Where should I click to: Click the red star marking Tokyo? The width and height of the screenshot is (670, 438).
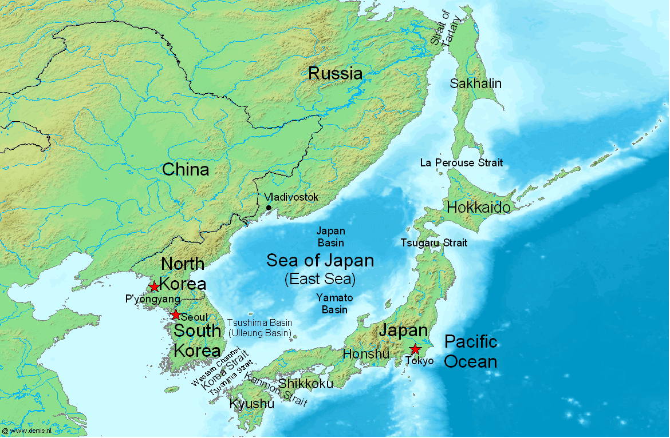point(415,349)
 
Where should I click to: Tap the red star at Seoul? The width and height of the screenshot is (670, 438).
point(175,315)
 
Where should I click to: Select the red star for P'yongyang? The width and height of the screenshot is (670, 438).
point(154,286)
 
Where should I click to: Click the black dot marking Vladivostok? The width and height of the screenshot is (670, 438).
point(268,208)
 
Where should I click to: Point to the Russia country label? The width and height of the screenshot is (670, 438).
point(335,73)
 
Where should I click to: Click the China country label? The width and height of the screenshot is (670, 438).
point(185,169)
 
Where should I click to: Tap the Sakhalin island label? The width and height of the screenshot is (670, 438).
point(475,83)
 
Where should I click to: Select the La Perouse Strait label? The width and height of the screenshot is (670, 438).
point(462,163)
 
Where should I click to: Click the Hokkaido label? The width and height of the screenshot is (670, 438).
point(478,207)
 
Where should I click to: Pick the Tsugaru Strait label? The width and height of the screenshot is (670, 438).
point(433,243)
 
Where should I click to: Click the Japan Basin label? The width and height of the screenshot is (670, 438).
point(331,237)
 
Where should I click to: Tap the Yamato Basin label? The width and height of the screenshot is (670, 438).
point(334,304)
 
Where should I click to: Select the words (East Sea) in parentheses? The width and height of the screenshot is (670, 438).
point(320,280)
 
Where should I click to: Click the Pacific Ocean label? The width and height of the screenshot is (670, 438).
point(471,352)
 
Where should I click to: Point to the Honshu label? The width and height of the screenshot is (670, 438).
point(366,354)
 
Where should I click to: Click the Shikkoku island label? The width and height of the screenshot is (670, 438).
point(305,384)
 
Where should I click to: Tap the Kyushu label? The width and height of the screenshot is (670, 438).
point(251,404)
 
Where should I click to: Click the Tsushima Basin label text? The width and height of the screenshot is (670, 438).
point(259,323)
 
